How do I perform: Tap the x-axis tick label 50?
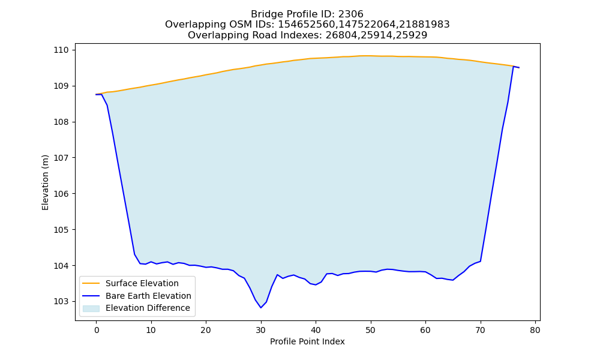click(x=370, y=330)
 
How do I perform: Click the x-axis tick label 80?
click(x=535, y=330)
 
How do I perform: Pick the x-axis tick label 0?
click(x=97, y=330)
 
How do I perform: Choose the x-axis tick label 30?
click(x=261, y=330)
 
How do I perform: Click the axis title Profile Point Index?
click(x=307, y=341)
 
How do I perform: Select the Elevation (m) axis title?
click(x=45, y=182)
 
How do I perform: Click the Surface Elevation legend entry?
click(x=142, y=283)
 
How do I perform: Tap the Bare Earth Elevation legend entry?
click(x=148, y=296)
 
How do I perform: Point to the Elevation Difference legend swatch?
click(x=91, y=308)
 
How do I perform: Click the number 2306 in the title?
click(x=350, y=14)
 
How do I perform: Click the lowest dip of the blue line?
click(x=261, y=308)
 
